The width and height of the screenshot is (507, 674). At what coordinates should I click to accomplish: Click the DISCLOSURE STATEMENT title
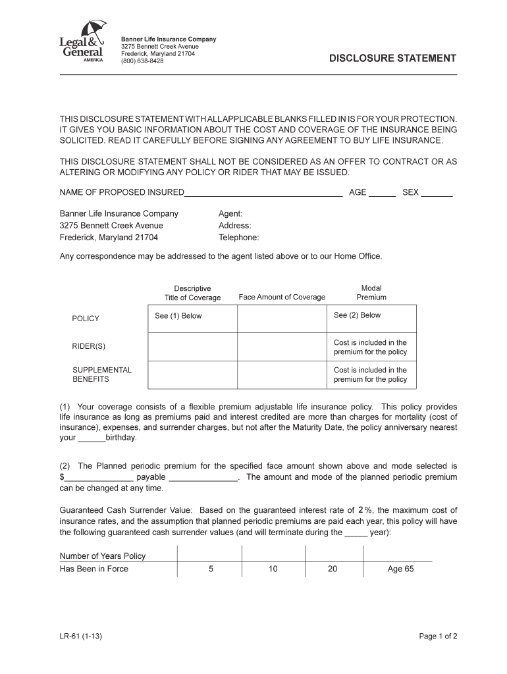(392, 59)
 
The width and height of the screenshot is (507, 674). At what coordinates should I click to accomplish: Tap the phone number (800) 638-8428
(142, 61)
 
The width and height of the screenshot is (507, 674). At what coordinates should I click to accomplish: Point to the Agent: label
(230, 214)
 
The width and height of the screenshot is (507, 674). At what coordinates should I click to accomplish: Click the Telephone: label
(238, 238)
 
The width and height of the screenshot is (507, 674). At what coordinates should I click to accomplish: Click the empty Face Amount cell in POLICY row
(282, 319)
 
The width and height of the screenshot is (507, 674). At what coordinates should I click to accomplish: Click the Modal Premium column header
(371, 293)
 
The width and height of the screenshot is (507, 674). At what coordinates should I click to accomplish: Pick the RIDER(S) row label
(89, 346)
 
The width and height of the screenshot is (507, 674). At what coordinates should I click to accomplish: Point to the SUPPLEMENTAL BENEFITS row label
(102, 375)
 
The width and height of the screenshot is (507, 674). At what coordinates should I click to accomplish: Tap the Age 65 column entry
(400, 569)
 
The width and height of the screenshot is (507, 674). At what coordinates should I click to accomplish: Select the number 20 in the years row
(333, 569)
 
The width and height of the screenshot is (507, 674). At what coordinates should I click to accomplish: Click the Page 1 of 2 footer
(438, 636)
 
